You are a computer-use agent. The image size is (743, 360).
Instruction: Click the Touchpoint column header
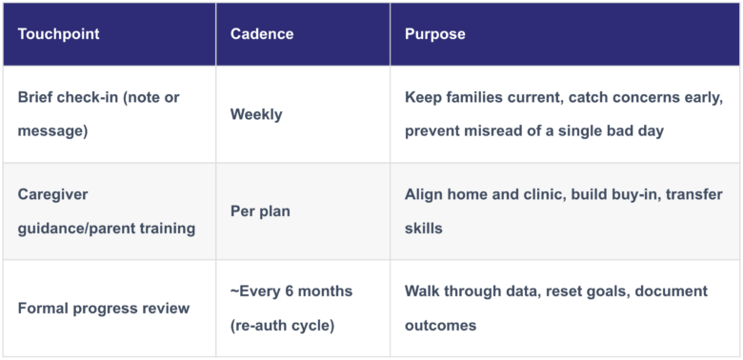click(x=59, y=34)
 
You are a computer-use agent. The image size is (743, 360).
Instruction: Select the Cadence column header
click(x=262, y=34)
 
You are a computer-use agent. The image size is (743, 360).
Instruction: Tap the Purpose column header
click(x=435, y=34)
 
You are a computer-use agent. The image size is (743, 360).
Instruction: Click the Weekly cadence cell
click(x=256, y=114)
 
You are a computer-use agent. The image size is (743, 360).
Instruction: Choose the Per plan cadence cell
click(x=260, y=211)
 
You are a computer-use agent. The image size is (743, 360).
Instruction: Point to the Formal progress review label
click(x=104, y=309)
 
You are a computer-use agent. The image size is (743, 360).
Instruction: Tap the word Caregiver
click(x=52, y=194)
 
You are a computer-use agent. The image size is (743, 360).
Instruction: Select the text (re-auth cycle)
click(x=282, y=326)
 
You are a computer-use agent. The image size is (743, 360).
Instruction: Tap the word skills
click(x=423, y=229)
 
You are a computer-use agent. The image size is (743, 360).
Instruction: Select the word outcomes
click(x=440, y=326)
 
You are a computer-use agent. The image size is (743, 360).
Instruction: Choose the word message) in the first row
click(x=52, y=130)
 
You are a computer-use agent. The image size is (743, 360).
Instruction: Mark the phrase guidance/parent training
click(x=107, y=229)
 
